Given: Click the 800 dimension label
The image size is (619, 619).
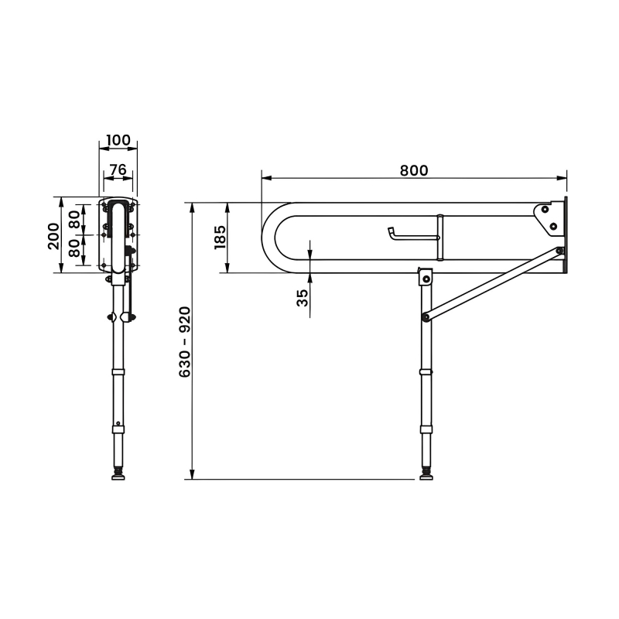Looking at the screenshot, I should pos(414,170).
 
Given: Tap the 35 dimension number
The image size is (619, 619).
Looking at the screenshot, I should pos(303,298).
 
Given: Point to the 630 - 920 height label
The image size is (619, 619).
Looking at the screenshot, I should pos(185,342).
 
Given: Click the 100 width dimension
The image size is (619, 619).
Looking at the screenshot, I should pos(118,140).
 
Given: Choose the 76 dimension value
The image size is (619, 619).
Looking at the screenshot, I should pos(118,169).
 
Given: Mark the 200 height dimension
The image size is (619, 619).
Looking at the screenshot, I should pos(53,235).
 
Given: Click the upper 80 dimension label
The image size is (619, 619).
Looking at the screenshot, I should pos(75,219).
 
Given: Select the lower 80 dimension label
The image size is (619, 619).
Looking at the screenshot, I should pos(75,251).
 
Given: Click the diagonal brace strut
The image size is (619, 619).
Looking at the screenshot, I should pos(491,283).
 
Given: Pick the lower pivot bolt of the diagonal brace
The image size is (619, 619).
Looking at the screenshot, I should pos(425,316).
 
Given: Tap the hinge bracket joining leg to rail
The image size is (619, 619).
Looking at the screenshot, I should pos(424,276).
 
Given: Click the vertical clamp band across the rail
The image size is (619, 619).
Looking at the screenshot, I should pos(439,238).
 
